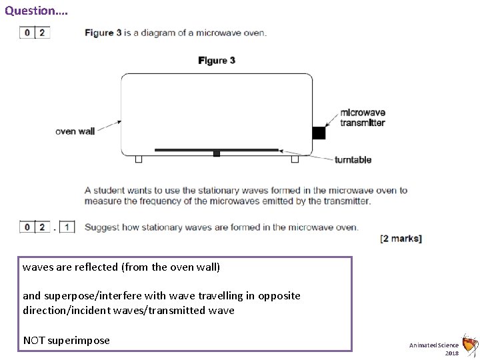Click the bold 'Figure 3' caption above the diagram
point(217,61)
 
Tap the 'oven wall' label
point(75,131)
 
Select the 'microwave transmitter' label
point(363,118)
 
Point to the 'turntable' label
point(353,160)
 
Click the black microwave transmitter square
point(319,133)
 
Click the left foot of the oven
point(139,159)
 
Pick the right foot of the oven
point(295,159)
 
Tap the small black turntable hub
point(216,154)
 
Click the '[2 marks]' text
point(400,239)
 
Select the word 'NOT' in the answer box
point(34,340)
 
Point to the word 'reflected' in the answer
point(97,267)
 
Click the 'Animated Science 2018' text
point(434,348)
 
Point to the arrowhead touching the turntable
point(283,151)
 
